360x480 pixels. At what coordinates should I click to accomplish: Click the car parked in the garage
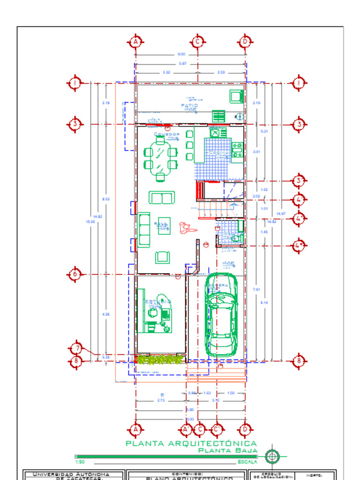tap(221, 323)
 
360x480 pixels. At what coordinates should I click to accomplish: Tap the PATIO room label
tap(189, 106)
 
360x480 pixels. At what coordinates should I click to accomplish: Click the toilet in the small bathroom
tap(236, 238)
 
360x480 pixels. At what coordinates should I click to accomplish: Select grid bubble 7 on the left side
tap(76, 349)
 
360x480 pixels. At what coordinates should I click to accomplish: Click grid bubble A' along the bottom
tap(186, 429)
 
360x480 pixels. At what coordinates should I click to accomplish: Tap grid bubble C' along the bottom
tap(217, 429)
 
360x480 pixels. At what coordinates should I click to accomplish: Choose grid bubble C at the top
tap(198, 42)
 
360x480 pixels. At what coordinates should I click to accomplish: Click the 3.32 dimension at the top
tap(166, 72)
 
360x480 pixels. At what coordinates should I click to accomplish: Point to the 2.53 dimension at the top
tap(221, 72)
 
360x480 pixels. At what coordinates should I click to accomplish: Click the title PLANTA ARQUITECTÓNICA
tap(191, 443)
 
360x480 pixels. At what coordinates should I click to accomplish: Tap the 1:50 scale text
tap(80, 462)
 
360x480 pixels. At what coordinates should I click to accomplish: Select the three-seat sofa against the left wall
tap(144, 230)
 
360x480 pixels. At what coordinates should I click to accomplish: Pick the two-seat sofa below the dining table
tap(162, 197)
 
